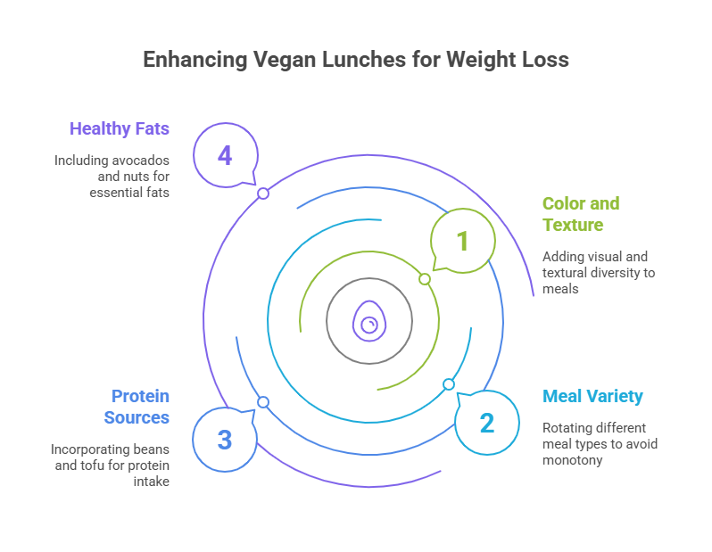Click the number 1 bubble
(x=462, y=240)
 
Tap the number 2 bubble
(x=486, y=422)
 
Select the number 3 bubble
(x=225, y=439)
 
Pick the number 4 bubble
(x=225, y=156)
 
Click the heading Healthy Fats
(x=119, y=128)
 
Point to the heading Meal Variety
(x=592, y=396)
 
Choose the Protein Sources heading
(x=137, y=406)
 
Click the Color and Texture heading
(x=580, y=214)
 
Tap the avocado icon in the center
(x=368, y=320)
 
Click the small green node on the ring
(x=425, y=279)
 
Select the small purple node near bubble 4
(x=263, y=194)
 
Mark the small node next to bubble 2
(x=449, y=384)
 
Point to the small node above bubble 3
(x=263, y=402)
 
